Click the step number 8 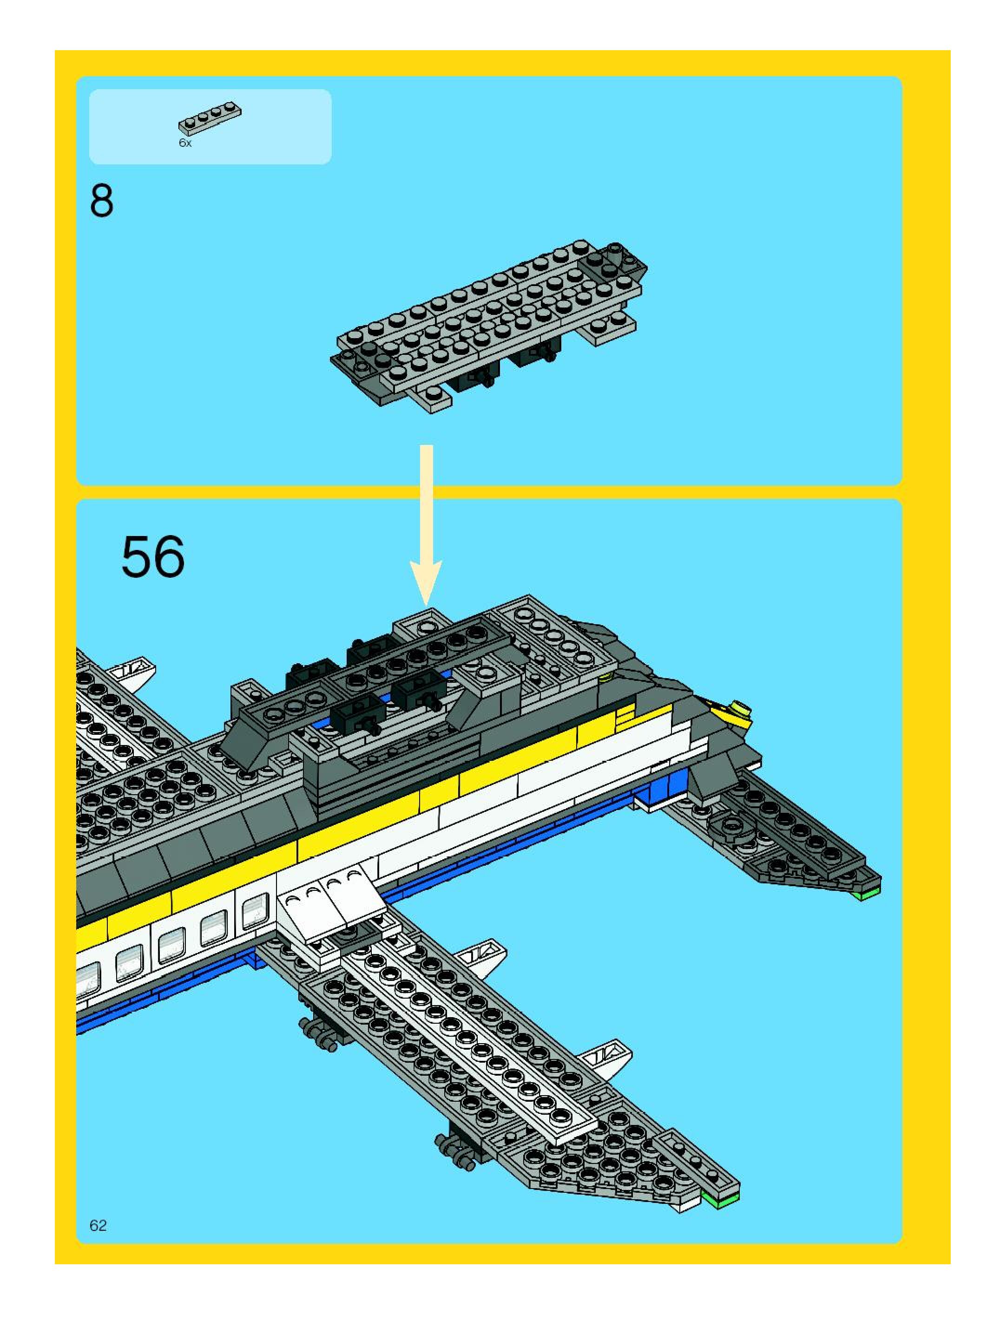(101, 201)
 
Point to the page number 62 (98, 1225)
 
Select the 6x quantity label (185, 143)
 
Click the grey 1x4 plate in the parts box (210, 118)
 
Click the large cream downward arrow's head (426, 582)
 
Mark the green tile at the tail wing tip (868, 894)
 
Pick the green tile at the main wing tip (721, 1201)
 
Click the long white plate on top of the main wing (472, 1039)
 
